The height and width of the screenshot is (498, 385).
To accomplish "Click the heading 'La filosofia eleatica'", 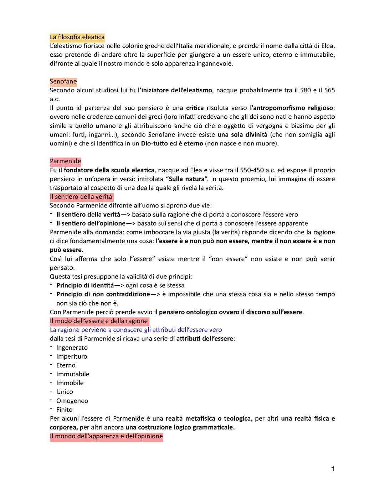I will point(77,37).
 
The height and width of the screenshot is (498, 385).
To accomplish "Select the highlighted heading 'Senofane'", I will point(63,82).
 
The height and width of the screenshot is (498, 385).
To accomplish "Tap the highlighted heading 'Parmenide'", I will point(65,161).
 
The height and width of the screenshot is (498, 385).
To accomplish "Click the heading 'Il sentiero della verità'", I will point(81,197).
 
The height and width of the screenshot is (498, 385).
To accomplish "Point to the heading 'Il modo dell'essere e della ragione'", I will point(99,321).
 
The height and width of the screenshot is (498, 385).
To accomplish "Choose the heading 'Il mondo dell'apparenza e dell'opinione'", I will point(106,436).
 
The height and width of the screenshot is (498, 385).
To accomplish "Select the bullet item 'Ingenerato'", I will point(72,348).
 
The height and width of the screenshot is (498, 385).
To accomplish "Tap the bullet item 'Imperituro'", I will point(72,356).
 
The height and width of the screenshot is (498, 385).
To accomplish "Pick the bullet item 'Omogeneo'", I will point(72,401).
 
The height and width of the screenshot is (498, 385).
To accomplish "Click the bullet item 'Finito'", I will point(64,410).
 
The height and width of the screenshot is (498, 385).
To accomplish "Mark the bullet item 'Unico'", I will point(65,392).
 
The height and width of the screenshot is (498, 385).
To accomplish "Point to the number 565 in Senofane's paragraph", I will point(329,90).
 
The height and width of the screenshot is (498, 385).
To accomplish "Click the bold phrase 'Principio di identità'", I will point(85,285).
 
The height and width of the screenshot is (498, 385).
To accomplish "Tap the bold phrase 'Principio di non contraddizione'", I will point(103,294).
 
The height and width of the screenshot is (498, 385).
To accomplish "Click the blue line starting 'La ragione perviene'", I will point(136,330).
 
